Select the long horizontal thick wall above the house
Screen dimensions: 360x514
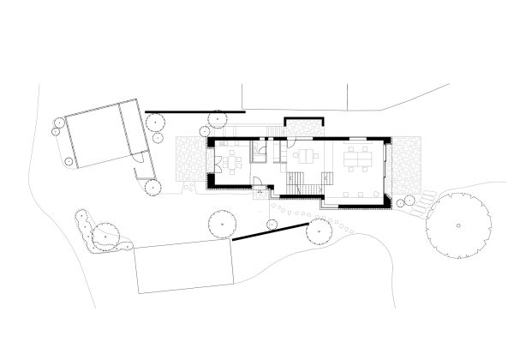click(x=195, y=111)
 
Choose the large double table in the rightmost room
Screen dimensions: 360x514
click(x=355, y=159)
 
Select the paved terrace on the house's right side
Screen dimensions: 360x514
click(x=408, y=167)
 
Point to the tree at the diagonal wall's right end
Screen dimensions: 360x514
click(x=320, y=229)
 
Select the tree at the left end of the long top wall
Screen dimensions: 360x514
click(x=157, y=122)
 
